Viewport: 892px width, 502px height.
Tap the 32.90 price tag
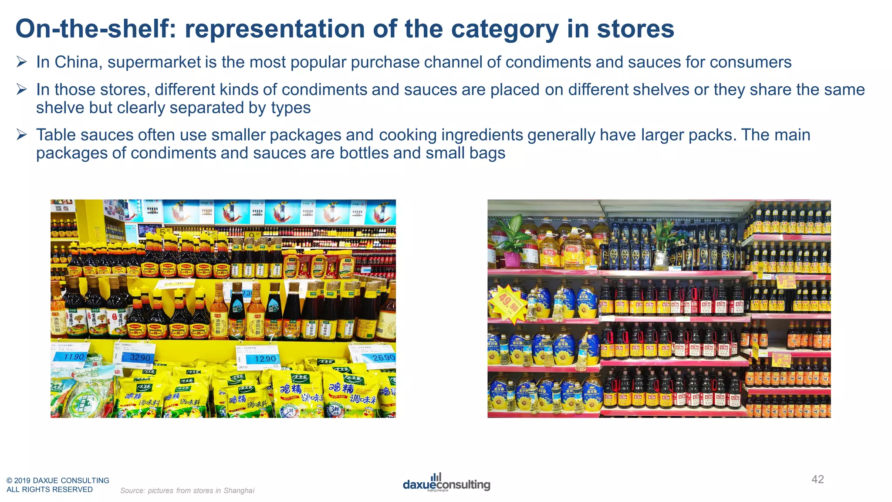139,357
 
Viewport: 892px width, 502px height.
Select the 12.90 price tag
264,359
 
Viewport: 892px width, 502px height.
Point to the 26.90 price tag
383,358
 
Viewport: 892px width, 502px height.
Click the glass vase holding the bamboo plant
661,260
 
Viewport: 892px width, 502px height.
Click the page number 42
818,479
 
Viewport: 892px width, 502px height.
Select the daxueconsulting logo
446,483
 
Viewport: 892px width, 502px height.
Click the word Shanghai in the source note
239,491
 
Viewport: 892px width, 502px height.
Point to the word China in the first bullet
78,62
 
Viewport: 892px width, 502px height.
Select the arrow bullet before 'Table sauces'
22,135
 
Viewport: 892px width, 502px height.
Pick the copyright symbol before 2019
9,481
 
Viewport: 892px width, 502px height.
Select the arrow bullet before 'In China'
22,62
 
